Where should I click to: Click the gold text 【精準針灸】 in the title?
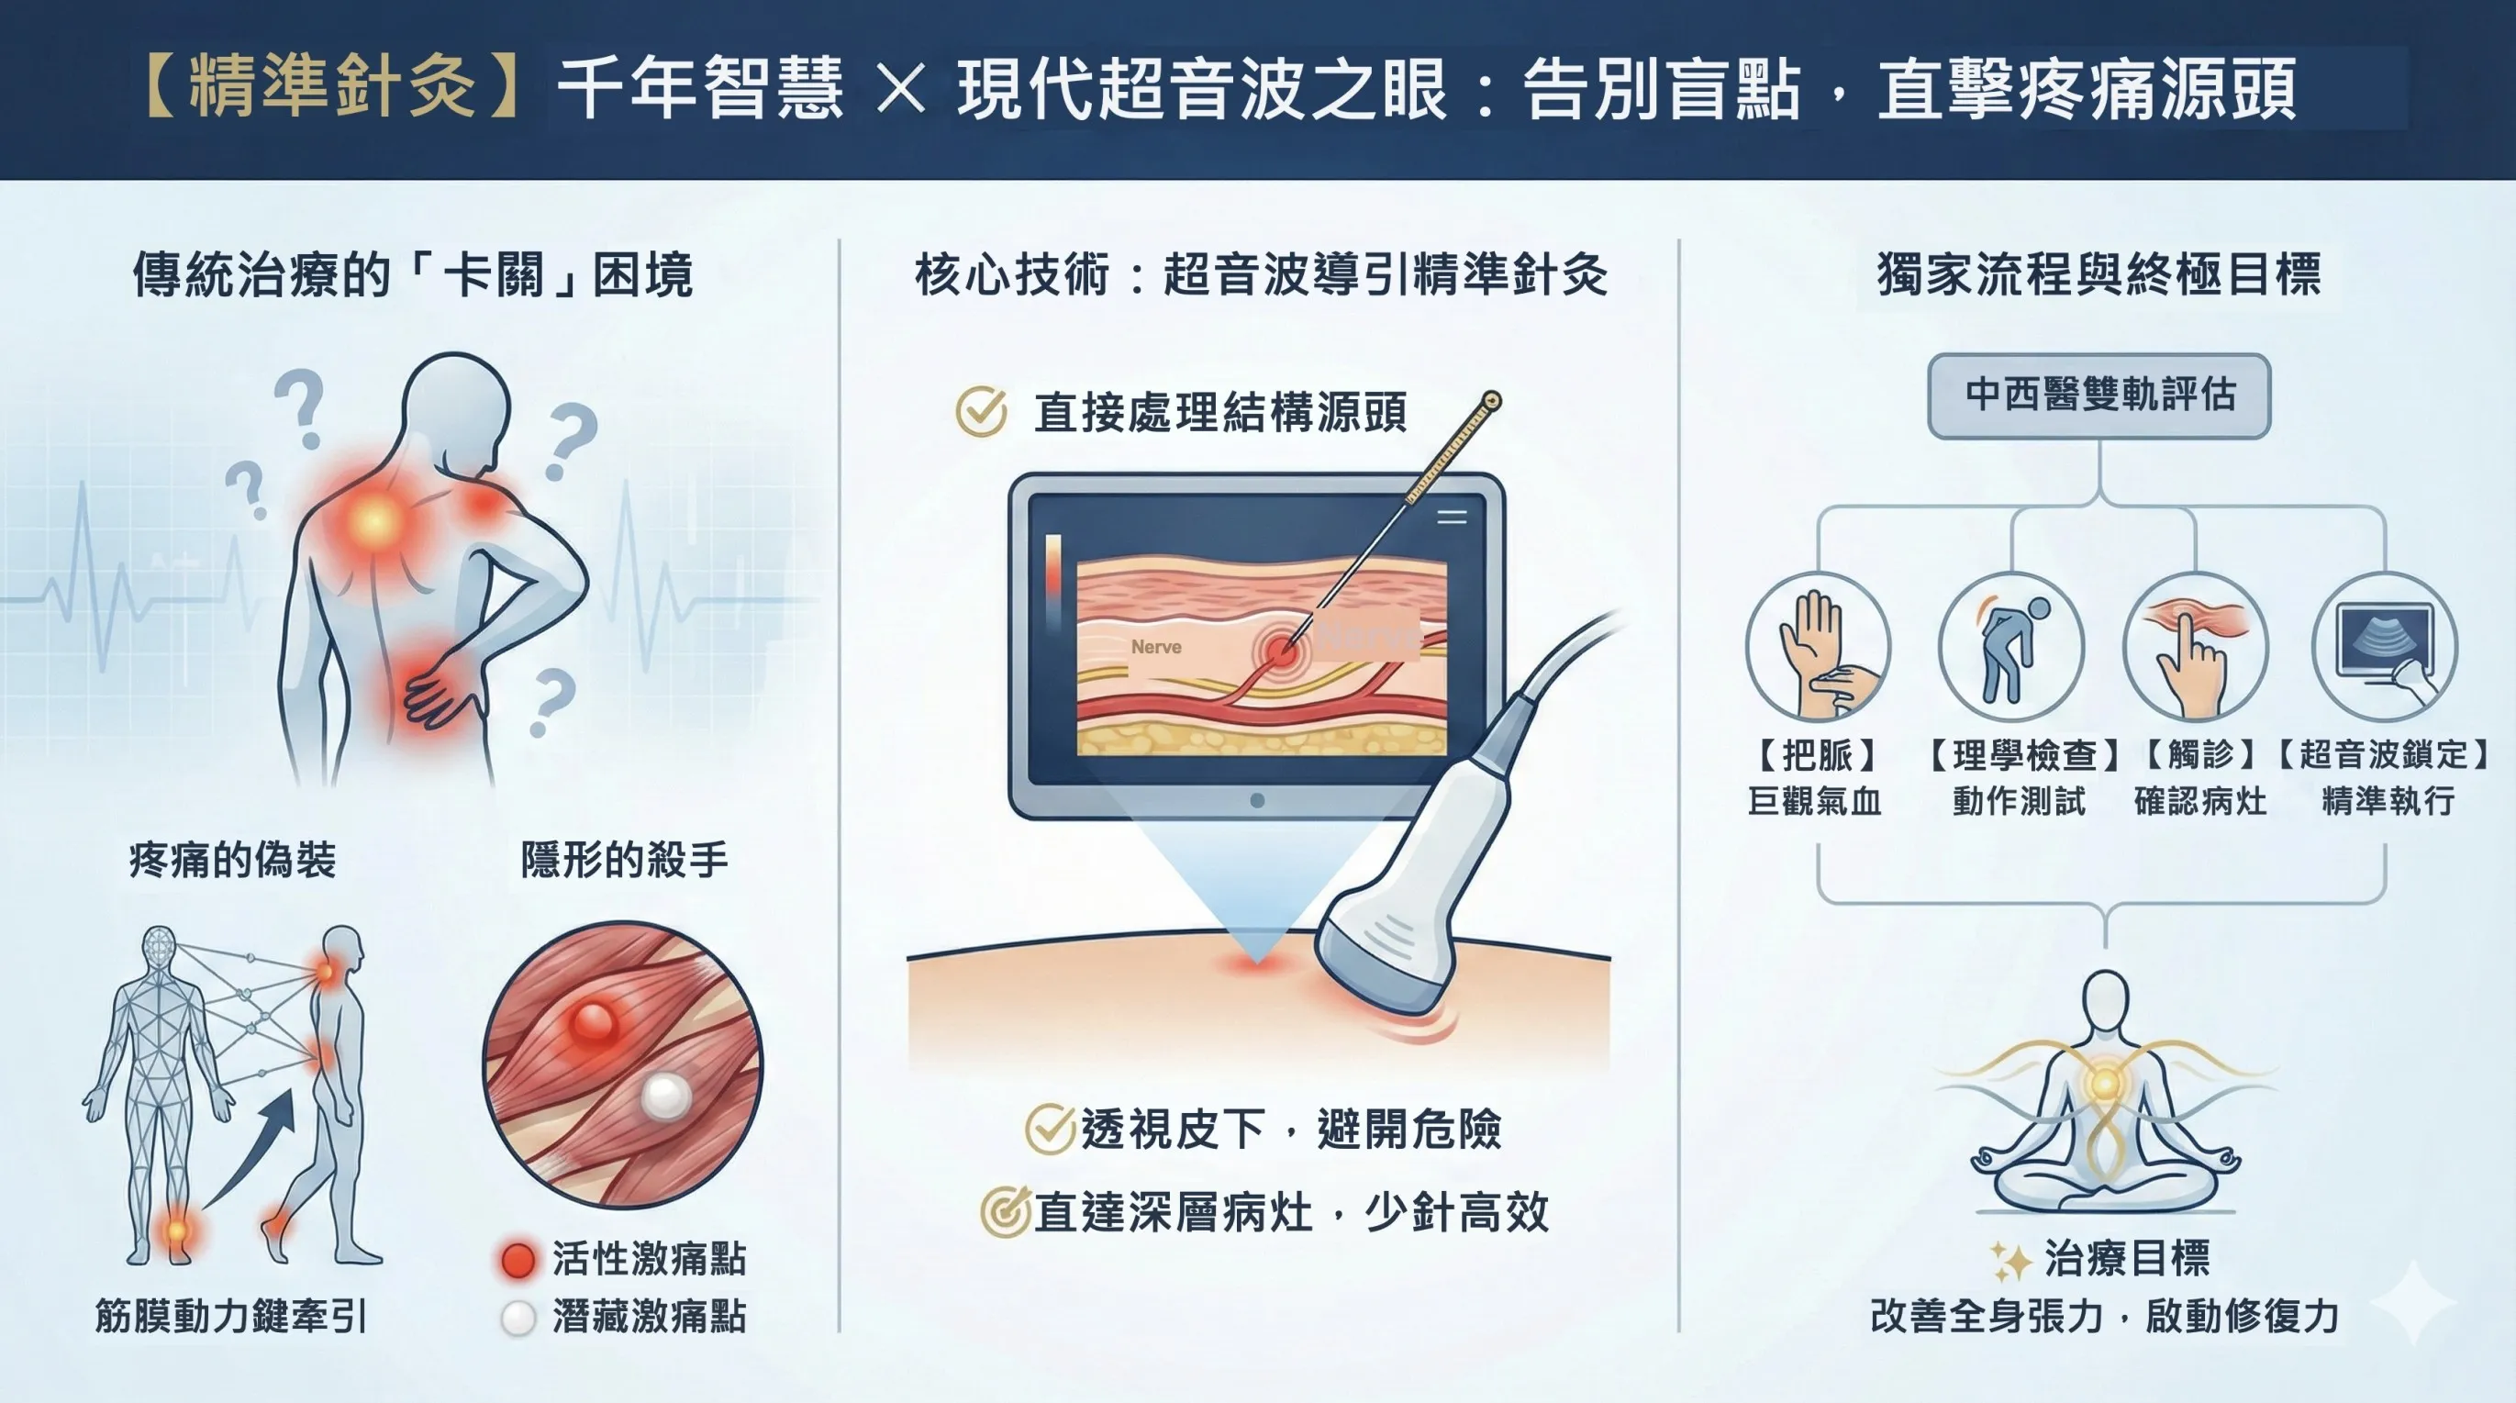pyautogui.click(x=332, y=88)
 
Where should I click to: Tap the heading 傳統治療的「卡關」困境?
pyautogui.click(x=413, y=274)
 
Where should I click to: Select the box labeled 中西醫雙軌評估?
pyautogui.click(x=2099, y=395)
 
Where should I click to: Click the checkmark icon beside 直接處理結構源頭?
pyautogui.click(x=982, y=411)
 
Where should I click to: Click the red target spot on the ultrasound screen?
pyautogui.click(x=1279, y=649)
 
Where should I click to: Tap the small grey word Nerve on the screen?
pyautogui.click(x=1156, y=647)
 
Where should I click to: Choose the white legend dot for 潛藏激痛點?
pyautogui.click(x=518, y=1318)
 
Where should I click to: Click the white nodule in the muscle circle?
pyautogui.click(x=666, y=1097)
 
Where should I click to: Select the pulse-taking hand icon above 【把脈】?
pyautogui.click(x=1818, y=648)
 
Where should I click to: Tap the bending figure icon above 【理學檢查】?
pyautogui.click(x=2011, y=648)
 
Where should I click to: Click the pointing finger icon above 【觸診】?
pyautogui.click(x=2195, y=648)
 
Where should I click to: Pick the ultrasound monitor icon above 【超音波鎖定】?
pyautogui.click(x=2384, y=648)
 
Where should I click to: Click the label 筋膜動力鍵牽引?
pyautogui.click(x=231, y=1316)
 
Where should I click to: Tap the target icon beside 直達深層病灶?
pyautogui.click(x=1005, y=1212)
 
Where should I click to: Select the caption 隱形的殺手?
pyautogui.click(x=624, y=860)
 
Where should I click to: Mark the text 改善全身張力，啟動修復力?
pyautogui.click(x=2105, y=1316)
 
